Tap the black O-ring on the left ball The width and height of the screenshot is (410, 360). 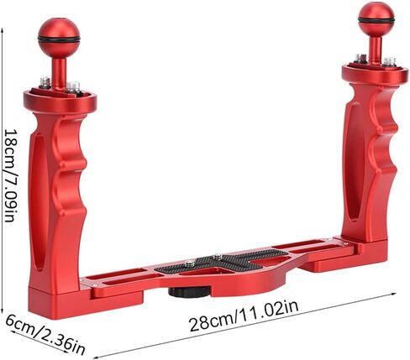point(59,39)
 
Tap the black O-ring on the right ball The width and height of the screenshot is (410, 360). point(376,20)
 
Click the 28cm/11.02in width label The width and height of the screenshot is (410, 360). point(244,316)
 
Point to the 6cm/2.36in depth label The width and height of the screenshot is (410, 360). point(45,334)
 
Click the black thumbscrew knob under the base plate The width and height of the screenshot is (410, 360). point(190,292)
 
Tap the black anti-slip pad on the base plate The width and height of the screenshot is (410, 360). point(221,261)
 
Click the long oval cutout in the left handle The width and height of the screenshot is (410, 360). point(39,202)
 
